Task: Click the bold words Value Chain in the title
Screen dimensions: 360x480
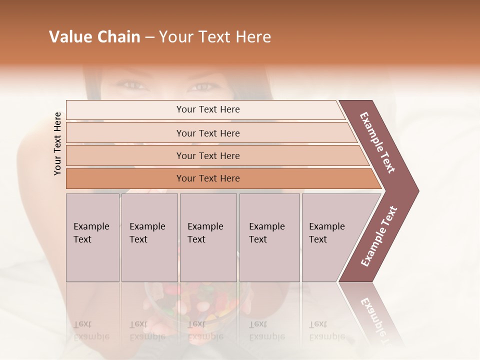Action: pos(94,37)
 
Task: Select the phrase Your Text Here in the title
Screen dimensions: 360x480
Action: pos(215,37)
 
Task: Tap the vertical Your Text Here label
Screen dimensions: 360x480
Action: pos(57,144)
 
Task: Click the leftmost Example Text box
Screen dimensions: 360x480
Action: pos(92,237)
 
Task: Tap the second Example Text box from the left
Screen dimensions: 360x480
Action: pos(149,237)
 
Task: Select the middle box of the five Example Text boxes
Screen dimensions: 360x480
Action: pos(208,237)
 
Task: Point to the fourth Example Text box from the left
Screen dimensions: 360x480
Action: pos(269,237)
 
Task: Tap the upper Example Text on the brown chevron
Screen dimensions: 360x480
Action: pos(377,142)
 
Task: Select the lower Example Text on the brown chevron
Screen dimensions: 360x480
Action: pos(379,236)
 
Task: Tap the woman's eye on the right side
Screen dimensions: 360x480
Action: pos(202,87)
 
